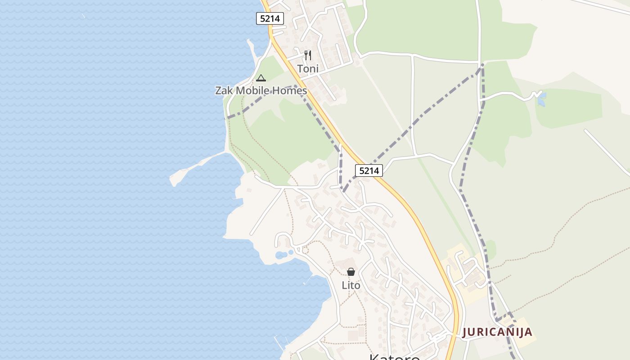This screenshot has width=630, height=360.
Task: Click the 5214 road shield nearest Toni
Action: click(270, 18)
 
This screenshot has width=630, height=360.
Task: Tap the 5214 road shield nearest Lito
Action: click(369, 171)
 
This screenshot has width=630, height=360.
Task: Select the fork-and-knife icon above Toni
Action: click(308, 55)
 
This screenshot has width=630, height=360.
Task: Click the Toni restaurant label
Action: click(308, 69)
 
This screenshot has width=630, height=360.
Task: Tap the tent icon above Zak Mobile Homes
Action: click(261, 78)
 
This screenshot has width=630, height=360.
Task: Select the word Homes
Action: click(292, 90)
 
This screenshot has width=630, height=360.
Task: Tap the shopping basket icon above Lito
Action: click(351, 272)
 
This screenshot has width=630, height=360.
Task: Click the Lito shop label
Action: click(351, 285)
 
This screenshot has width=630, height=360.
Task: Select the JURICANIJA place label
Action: click(497, 332)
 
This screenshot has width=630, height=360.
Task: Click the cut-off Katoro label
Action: click(395, 356)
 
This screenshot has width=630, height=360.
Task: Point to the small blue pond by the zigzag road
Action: click(541, 99)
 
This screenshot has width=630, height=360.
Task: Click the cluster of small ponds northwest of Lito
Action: click(283, 255)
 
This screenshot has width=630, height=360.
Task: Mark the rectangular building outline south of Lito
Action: click(352, 335)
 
